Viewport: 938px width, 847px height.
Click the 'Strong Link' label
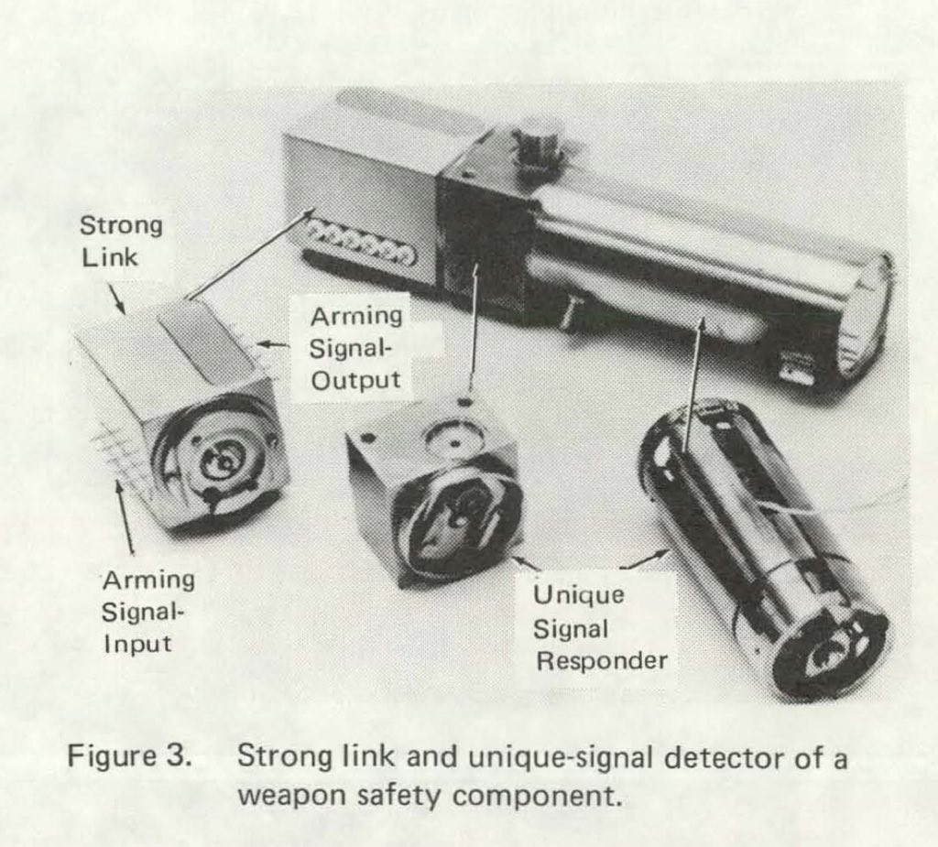pos(120,241)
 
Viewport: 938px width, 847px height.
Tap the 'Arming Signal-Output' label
pos(355,348)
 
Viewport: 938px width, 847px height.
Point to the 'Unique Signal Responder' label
pos(600,628)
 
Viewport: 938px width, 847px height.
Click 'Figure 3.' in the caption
pos(128,759)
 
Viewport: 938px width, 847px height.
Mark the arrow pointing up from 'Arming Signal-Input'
pos(125,513)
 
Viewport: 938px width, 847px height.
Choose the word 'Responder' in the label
pos(601,661)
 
